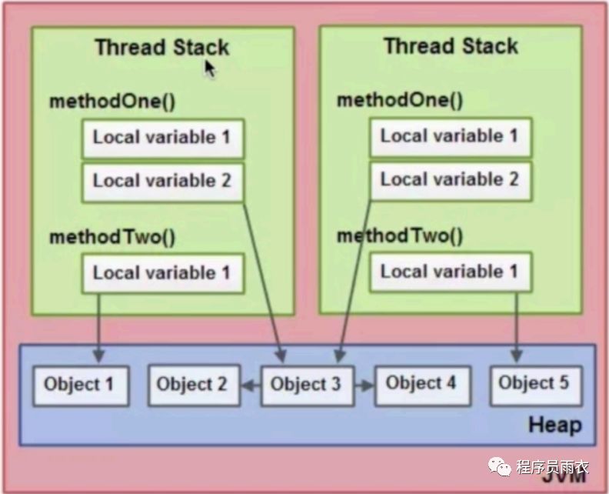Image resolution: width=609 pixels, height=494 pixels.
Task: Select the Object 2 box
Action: point(192,385)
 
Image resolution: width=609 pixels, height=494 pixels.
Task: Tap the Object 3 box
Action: point(306,384)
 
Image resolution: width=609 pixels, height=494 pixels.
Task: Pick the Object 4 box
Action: point(421,383)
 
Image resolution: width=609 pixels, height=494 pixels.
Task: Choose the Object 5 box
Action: point(534,383)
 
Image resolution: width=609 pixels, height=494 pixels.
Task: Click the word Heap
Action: point(554,426)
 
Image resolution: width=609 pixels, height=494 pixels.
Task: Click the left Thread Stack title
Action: point(161,47)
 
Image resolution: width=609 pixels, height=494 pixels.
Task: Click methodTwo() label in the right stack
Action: point(400,235)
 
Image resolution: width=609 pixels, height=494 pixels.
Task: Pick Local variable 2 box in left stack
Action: point(162,182)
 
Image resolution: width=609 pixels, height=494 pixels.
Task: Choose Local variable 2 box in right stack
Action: point(450,180)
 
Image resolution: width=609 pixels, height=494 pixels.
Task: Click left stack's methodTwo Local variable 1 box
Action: point(162,273)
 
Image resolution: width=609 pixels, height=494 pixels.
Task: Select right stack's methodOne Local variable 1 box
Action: point(450,137)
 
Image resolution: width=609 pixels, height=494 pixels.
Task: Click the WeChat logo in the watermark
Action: point(500,465)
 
